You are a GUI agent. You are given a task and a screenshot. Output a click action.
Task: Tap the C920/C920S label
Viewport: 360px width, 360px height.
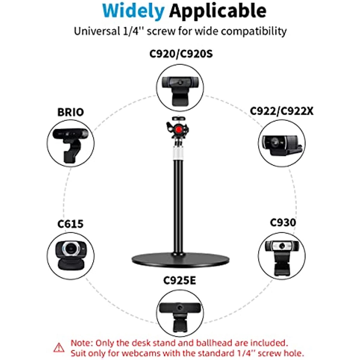(181, 54)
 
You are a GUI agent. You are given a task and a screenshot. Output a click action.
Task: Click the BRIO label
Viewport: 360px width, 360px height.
(71, 112)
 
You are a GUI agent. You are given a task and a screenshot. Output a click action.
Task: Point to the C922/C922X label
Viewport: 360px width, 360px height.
(282, 111)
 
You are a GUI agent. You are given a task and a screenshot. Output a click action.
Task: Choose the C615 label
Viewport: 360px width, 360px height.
(70, 224)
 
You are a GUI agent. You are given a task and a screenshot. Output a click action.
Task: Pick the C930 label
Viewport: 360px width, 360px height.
(283, 223)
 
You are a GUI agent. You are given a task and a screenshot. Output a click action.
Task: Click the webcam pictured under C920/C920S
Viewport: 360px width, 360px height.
(180, 87)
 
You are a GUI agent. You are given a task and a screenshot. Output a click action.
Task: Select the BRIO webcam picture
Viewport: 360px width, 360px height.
(70, 141)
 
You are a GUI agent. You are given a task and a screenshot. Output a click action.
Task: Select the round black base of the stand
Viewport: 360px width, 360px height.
(180, 260)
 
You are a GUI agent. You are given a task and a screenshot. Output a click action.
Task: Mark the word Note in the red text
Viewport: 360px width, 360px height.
(82, 342)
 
